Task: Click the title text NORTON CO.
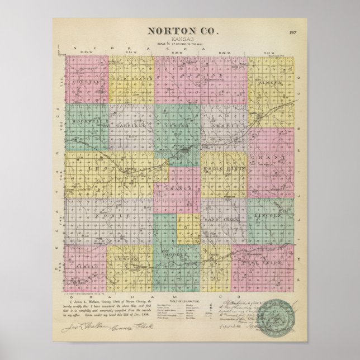coord(179,32)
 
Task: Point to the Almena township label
coord(270,83)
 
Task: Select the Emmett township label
coord(226,126)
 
